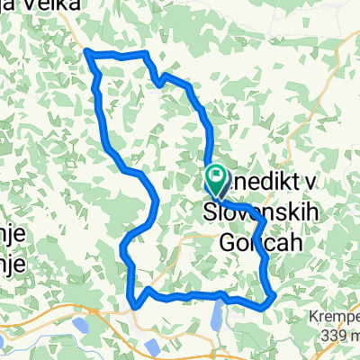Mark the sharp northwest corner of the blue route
(x=88, y=54)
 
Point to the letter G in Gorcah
(x=228, y=242)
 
